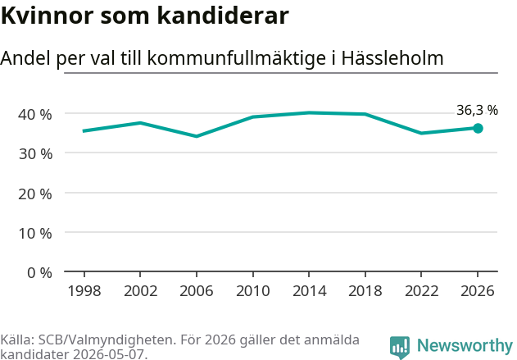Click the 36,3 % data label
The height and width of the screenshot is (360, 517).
[477, 110]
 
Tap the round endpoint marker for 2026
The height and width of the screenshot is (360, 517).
[478, 129]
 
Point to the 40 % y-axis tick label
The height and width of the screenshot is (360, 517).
[35, 115]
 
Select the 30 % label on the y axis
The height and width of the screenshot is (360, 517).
[35, 154]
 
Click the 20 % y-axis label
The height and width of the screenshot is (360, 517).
[35, 194]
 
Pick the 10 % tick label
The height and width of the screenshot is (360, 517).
[35, 234]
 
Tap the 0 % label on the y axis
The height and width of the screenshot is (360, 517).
[39, 273]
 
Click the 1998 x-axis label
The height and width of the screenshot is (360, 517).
[84, 291]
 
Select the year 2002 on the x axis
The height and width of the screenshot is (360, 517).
[140, 291]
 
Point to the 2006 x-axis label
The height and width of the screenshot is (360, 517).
[197, 291]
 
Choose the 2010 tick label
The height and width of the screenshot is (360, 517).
[253, 291]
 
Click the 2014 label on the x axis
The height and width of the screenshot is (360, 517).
[309, 291]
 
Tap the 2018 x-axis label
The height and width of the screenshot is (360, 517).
[365, 291]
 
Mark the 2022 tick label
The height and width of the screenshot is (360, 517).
[422, 291]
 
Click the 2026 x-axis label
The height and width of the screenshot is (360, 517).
[478, 291]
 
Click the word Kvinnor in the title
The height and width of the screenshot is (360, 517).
[48, 16]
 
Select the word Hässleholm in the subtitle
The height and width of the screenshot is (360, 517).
[392, 58]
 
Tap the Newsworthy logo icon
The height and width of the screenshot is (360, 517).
[400, 348]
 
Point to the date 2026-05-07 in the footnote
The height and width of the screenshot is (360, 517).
[108, 354]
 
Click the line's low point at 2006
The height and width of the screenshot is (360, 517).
[197, 136]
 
